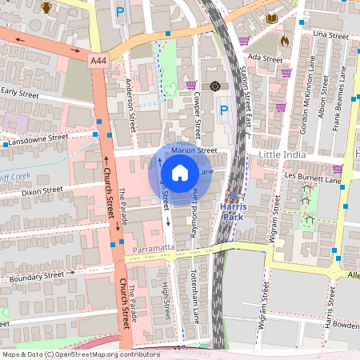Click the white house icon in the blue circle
[x=180, y=172]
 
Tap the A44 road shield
[x=98, y=60]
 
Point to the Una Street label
[x=331, y=35]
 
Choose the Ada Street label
[x=266, y=59]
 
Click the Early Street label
[x=19, y=92]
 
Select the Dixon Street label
[x=42, y=191]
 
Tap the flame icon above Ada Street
[x=285, y=39]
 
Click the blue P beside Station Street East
[x=224, y=110]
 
